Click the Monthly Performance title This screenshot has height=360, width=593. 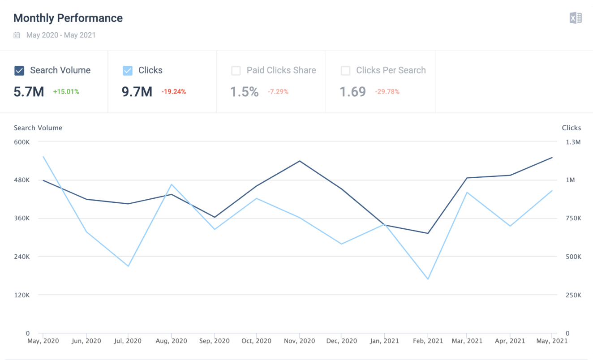(68, 18)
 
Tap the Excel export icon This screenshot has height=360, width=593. (576, 18)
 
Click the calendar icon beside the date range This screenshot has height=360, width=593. (17, 35)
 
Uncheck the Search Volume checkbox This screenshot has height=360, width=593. (19, 71)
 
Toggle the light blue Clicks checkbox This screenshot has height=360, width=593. (128, 71)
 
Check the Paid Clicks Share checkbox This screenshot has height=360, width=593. (236, 71)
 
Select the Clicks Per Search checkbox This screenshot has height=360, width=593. (345, 71)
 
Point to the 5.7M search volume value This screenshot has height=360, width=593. (29, 92)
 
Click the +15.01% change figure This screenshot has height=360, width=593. (66, 92)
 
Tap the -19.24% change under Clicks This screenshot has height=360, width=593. (173, 92)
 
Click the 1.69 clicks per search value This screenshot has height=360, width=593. (352, 92)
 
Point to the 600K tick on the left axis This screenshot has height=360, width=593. (21, 142)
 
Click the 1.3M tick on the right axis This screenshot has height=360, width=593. (573, 142)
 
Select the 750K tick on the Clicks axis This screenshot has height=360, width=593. (573, 219)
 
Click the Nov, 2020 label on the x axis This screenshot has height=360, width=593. (300, 341)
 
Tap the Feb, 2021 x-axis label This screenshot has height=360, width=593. (428, 341)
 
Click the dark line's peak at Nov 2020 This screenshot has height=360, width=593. (300, 161)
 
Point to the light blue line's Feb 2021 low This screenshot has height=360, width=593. (428, 279)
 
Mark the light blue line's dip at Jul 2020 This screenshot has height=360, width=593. (129, 266)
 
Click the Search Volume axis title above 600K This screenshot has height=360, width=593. (38, 128)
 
